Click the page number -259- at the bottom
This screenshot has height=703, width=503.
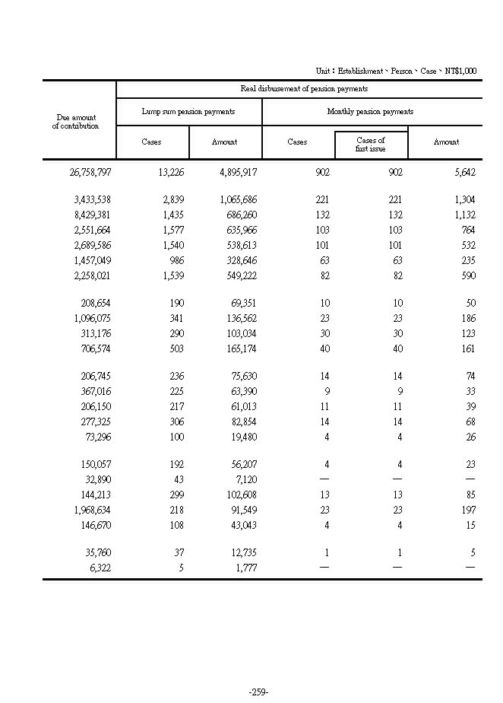click(258, 692)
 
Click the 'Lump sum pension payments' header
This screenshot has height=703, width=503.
click(188, 112)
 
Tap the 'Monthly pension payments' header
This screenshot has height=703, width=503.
click(370, 112)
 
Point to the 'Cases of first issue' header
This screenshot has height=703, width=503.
click(371, 145)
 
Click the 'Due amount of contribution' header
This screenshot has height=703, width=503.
click(78, 122)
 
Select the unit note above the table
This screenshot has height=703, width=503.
click(396, 71)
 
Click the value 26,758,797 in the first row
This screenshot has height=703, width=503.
click(90, 173)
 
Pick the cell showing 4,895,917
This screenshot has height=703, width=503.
click(237, 173)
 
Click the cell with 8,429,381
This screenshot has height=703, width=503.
click(93, 215)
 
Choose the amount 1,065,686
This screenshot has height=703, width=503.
click(237, 200)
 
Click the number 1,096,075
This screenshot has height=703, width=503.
click(93, 319)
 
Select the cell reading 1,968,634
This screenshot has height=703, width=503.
click(93, 511)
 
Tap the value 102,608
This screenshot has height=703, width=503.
click(240, 495)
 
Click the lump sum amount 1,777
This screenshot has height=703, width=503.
click(245, 567)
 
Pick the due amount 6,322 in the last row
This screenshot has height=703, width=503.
click(99, 567)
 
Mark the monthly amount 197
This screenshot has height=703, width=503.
click(467, 511)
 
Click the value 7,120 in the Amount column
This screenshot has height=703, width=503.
click(245, 480)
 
